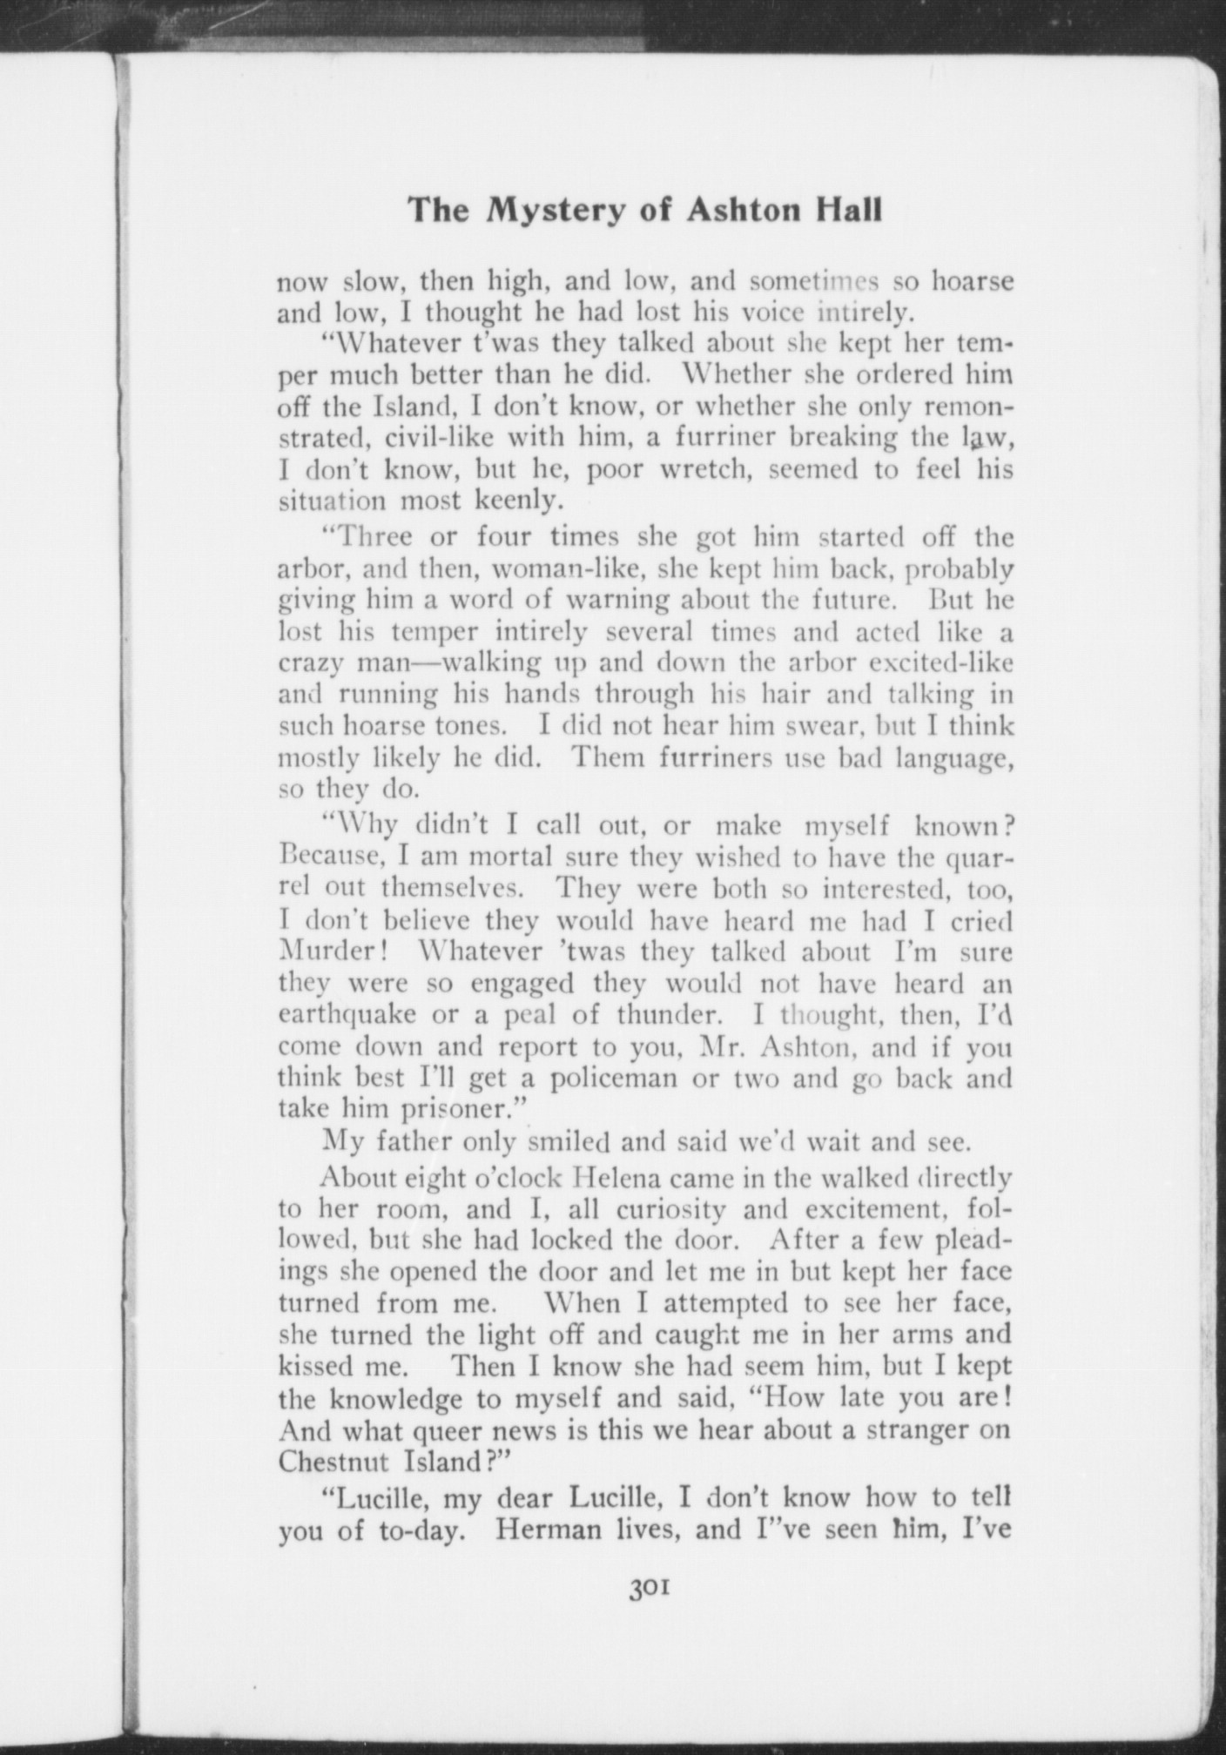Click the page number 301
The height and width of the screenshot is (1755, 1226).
pos(646,1589)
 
